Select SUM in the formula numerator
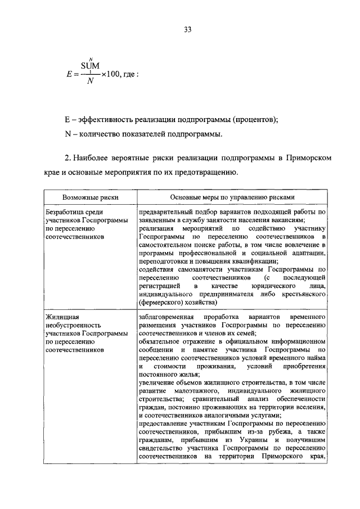tap(90, 66)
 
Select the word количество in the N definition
tap(102, 134)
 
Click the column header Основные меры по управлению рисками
tap(232, 197)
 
